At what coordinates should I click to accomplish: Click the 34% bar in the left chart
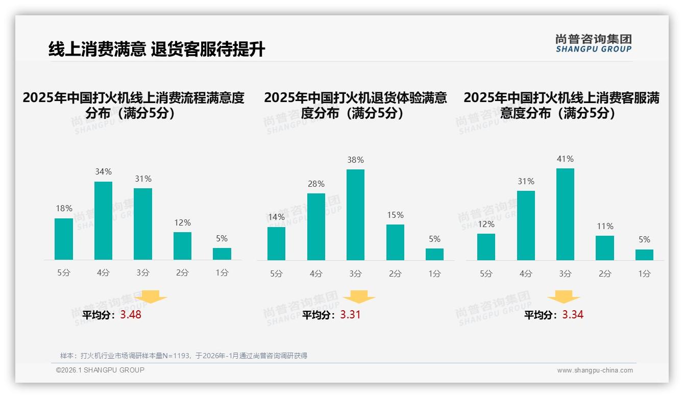(x=103, y=220)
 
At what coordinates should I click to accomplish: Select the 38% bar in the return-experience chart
(x=355, y=215)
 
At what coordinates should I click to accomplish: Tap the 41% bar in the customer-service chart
(x=565, y=214)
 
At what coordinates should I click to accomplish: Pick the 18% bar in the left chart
(x=64, y=239)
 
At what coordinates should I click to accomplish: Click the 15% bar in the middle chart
(x=395, y=242)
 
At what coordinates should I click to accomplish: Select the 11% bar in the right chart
(x=605, y=248)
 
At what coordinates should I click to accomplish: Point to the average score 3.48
(x=131, y=315)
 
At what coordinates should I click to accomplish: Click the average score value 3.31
(x=350, y=315)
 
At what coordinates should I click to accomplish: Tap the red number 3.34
(x=573, y=315)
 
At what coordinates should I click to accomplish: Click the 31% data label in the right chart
(x=526, y=182)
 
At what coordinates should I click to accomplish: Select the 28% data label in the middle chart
(x=316, y=184)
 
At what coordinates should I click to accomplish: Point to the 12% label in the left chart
(x=182, y=223)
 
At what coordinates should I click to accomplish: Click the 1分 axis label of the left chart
(x=222, y=273)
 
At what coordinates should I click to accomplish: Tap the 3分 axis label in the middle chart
(x=355, y=274)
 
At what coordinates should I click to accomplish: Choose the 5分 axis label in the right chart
(x=486, y=274)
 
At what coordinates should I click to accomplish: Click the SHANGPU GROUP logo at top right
(x=593, y=43)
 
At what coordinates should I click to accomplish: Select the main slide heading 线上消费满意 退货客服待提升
(x=156, y=49)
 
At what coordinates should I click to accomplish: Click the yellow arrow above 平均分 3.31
(x=359, y=297)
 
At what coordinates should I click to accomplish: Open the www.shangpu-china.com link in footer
(x=595, y=370)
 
